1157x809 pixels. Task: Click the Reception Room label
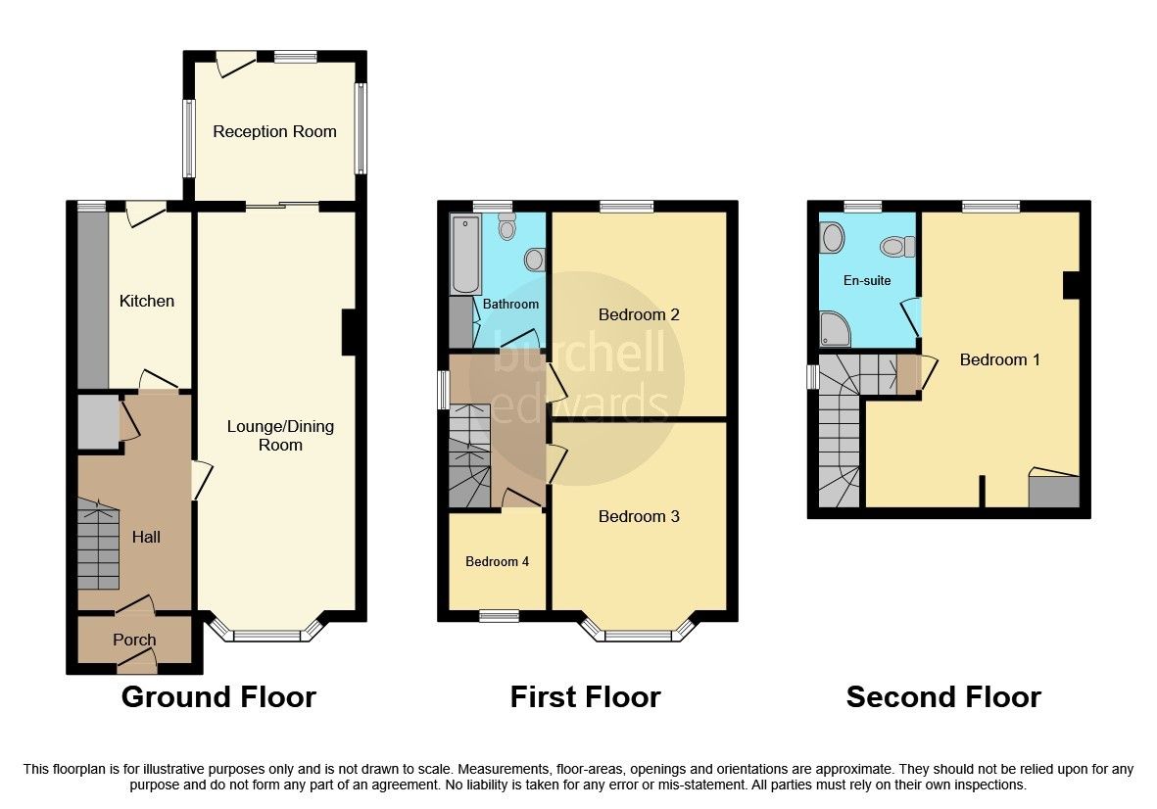tap(274, 131)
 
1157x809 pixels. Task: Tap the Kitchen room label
tap(147, 301)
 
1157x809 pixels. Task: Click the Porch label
tap(134, 640)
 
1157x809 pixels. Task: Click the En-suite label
tap(867, 280)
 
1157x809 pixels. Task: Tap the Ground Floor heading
tap(217, 697)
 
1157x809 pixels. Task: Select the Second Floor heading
tap(943, 697)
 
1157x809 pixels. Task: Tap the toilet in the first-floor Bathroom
tap(506, 227)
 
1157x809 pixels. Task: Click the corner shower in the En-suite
tap(835, 330)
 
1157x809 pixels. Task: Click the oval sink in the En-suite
tap(833, 237)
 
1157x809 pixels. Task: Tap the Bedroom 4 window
tap(499, 615)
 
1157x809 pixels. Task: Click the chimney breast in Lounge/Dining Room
tap(348, 332)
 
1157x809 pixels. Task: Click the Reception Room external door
tap(233, 65)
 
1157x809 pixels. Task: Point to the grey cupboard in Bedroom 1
tap(1053, 491)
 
